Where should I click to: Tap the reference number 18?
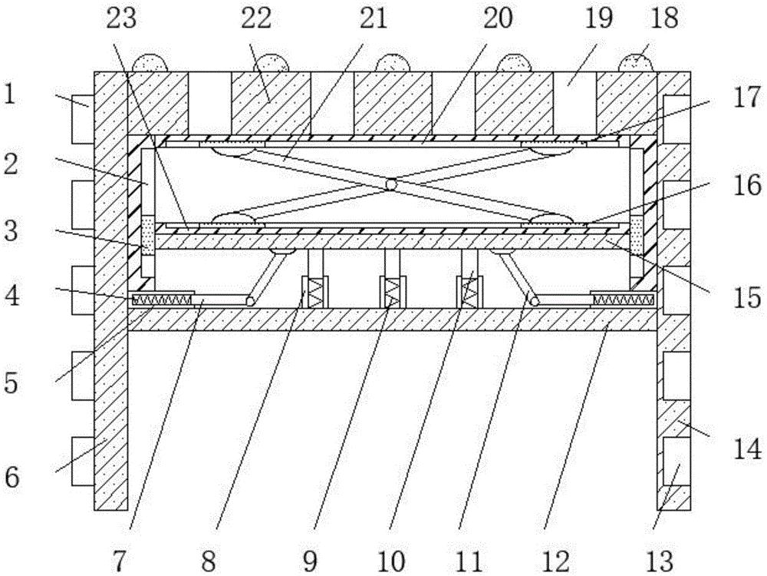tap(663, 19)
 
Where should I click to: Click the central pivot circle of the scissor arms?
tap(391, 184)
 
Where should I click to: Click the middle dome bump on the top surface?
tap(391, 63)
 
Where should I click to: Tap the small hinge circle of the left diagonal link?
tap(250, 300)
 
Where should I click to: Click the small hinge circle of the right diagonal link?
tap(534, 300)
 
